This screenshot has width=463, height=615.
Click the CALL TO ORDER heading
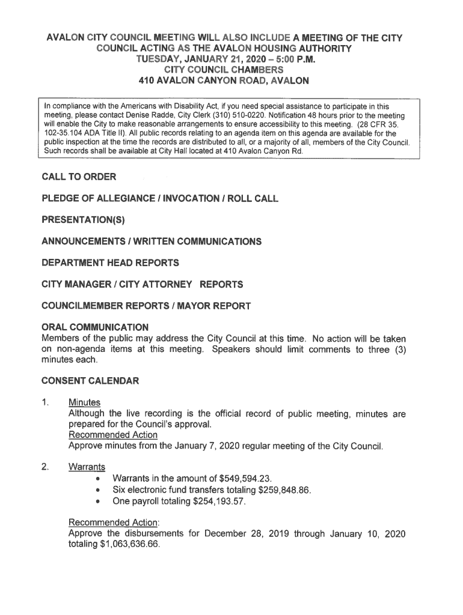click(79, 177)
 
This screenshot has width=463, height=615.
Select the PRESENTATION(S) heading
click(83, 220)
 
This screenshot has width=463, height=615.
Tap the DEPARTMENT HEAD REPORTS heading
click(110, 262)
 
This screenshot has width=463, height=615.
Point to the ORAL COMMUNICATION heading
click(95, 327)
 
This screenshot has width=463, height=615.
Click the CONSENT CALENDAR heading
click(90, 381)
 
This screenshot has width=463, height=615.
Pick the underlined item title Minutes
click(84, 402)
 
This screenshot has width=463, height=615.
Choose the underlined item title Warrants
click(87, 467)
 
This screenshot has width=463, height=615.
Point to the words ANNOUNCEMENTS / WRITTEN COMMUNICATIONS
click(152, 241)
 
